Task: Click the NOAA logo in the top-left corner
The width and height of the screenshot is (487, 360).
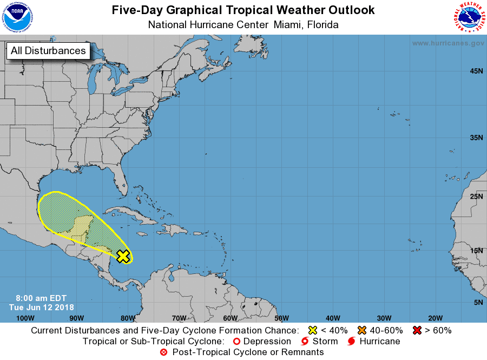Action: click(x=18, y=18)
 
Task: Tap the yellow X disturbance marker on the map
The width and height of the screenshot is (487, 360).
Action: click(x=123, y=256)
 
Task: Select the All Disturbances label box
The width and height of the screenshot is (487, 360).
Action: click(x=48, y=51)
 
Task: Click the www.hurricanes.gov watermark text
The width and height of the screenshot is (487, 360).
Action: click(x=447, y=43)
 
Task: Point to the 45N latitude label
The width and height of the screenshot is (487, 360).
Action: click(x=476, y=71)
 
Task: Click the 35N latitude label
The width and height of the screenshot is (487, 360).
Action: click(x=476, y=138)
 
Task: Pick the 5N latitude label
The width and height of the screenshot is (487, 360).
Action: click(x=478, y=302)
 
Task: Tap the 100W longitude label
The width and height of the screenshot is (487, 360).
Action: click(x=25, y=318)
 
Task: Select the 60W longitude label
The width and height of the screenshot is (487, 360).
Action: click(x=230, y=318)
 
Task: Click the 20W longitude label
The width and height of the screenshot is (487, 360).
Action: click(x=435, y=318)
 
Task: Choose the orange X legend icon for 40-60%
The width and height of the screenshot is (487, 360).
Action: click(x=362, y=330)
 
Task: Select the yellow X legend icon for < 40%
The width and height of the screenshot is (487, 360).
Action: click(x=312, y=330)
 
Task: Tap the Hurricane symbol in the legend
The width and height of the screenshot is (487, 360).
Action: click(x=352, y=341)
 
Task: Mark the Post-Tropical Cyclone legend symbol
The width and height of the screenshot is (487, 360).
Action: click(x=164, y=352)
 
